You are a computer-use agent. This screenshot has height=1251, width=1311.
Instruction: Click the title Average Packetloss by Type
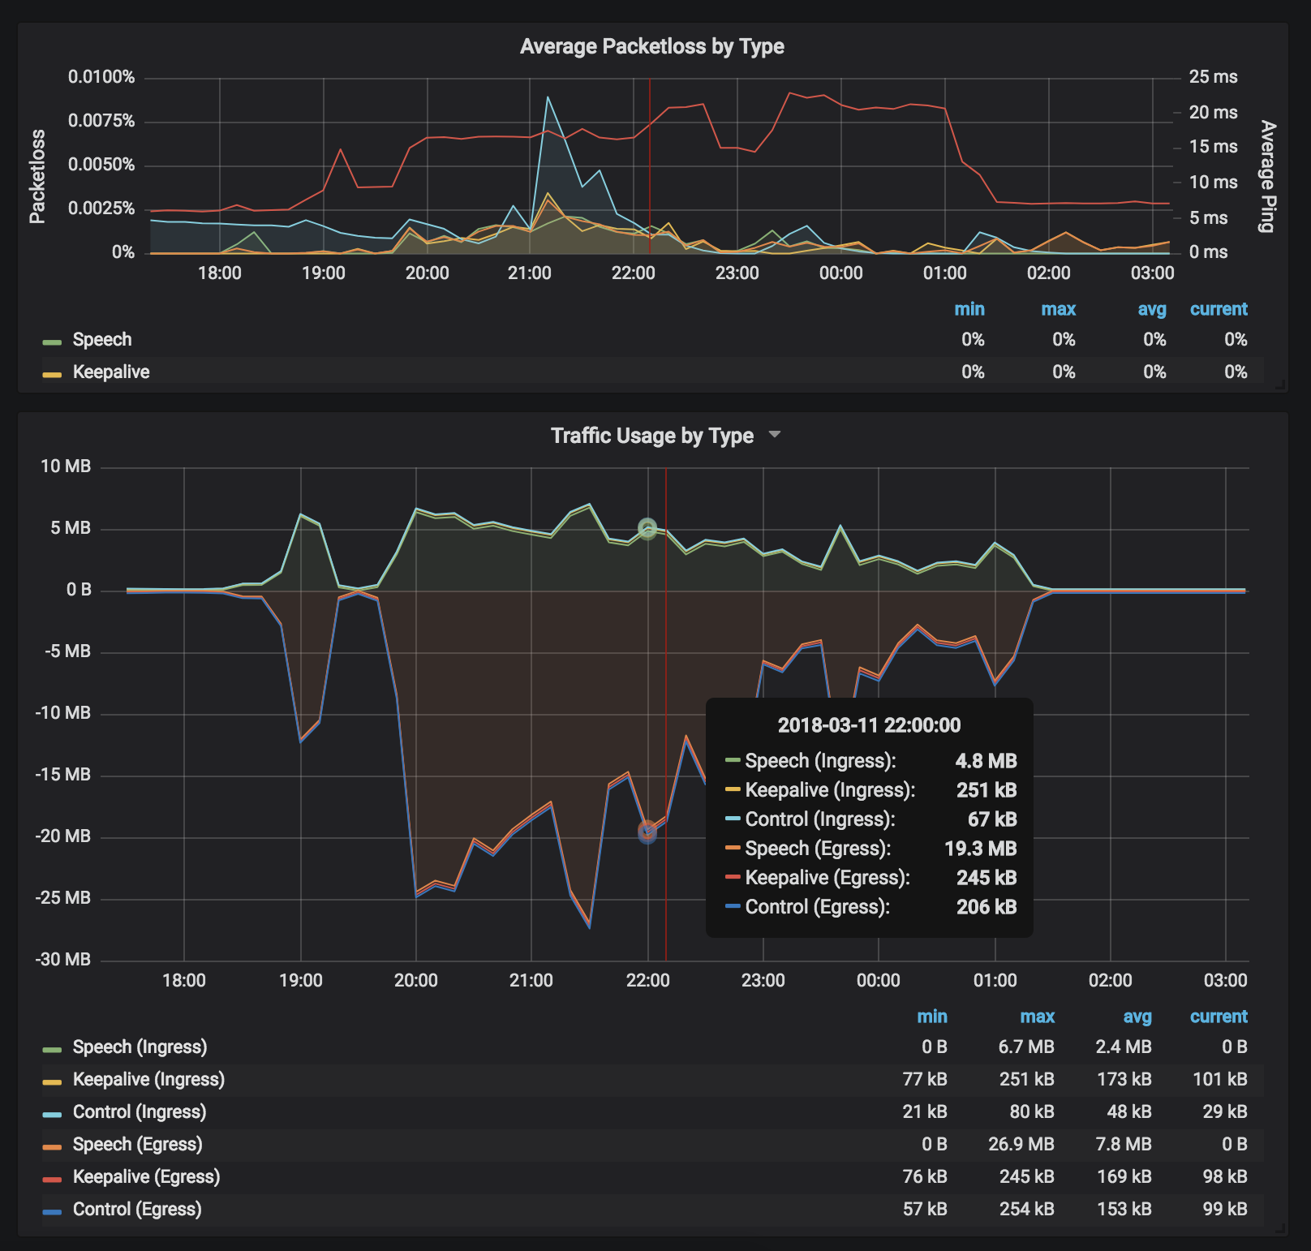(x=651, y=46)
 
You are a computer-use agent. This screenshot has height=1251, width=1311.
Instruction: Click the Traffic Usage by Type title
(x=651, y=436)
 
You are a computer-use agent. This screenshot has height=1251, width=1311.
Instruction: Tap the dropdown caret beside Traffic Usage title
(x=775, y=435)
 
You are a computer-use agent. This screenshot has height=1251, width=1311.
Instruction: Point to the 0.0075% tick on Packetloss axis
(x=101, y=121)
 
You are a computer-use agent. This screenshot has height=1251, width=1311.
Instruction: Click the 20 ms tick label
(x=1213, y=112)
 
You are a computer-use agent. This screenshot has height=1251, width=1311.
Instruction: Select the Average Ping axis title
(x=1267, y=176)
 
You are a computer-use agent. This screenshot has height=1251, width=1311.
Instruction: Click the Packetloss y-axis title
(x=37, y=176)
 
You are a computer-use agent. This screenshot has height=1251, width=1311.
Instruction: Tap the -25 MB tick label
(x=63, y=897)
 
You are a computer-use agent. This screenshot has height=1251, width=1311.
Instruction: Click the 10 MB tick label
(x=66, y=466)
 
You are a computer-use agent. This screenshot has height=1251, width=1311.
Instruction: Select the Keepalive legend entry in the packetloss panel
(x=111, y=372)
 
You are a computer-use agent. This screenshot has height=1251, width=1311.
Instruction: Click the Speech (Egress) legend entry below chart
(x=137, y=1144)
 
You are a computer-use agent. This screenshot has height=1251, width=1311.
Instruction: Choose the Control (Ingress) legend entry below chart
(x=139, y=1111)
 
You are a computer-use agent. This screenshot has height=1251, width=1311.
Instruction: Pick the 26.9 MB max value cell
(x=1021, y=1144)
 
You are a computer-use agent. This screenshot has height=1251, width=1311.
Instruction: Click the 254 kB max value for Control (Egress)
(x=1026, y=1209)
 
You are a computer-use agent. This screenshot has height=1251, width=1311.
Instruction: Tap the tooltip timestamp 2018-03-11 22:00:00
(x=869, y=725)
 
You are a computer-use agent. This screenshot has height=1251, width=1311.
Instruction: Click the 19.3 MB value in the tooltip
(x=980, y=849)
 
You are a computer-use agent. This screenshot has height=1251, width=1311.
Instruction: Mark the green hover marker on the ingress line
(x=647, y=529)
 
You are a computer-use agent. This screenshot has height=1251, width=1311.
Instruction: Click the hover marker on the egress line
(x=647, y=832)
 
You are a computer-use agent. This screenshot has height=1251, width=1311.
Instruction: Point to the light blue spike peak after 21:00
(x=548, y=97)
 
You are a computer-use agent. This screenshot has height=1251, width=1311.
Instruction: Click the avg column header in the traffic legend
(x=1137, y=1017)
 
